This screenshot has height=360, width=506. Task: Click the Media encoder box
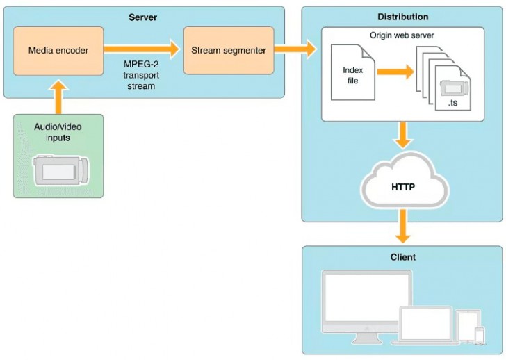pyautogui.click(x=58, y=51)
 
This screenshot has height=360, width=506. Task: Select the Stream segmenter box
pyautogui.click(x=228, y=51)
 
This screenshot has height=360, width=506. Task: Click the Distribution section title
pyautogui.click(x=402, y=17)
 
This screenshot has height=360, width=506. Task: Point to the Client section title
pyautogui.click(x=402, y=257)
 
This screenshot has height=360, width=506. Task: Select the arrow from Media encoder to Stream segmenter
pyautogui.click(x=143, y=49)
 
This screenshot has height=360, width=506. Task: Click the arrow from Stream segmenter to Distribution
pyautogui.click(x=295, y=49)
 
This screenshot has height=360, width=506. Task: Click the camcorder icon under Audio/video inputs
pyautogui.click(x=62, y=171)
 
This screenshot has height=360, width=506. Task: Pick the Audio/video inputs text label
pyautogui.click(x=58, y=132)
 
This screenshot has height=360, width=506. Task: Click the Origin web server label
pyautogui.click(x=402, y=34)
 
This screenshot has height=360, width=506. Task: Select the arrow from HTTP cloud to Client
pyautogui.click(x=402, y=227)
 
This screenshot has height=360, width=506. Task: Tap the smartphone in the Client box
pyautogui.click(x=479, y=335)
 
